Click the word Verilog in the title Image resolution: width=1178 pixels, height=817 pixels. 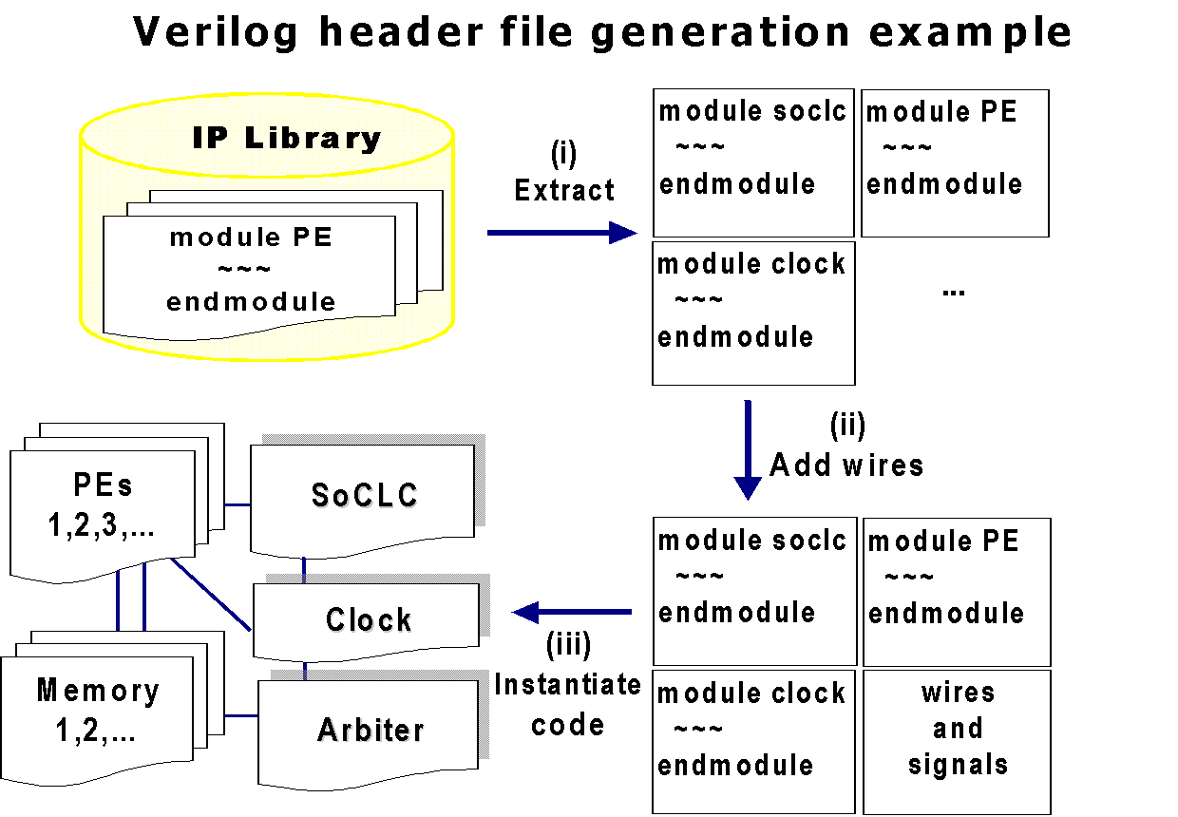point(216,33)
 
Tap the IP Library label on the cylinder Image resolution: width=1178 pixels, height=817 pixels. point(287,139)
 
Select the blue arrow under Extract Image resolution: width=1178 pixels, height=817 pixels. point(561,233)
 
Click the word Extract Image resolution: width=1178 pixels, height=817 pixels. point(564,190)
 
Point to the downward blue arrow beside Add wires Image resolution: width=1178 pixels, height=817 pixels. point(748,450)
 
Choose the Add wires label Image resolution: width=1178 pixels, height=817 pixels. point(846,465)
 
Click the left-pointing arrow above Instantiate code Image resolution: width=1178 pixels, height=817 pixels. point(572,612)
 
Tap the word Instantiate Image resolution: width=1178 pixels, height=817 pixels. point(568,685)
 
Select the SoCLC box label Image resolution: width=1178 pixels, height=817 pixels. point(365,495)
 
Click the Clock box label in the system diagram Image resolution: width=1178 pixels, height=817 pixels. point(369,619)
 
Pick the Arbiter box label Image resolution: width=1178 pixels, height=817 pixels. point(370,730)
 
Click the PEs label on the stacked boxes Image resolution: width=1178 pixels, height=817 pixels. point(103,484)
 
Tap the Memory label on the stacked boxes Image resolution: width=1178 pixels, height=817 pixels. point(98,691)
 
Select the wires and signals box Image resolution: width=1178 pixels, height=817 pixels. point(958,741)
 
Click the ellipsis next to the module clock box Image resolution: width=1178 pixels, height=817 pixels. point(954,293)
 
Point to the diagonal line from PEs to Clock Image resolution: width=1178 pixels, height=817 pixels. point(211,594)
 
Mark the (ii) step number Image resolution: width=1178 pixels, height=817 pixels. point(847,425)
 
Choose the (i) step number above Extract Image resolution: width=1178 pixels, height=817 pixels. point(563,154)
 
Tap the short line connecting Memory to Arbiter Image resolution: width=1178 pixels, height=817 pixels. point(241,715)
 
